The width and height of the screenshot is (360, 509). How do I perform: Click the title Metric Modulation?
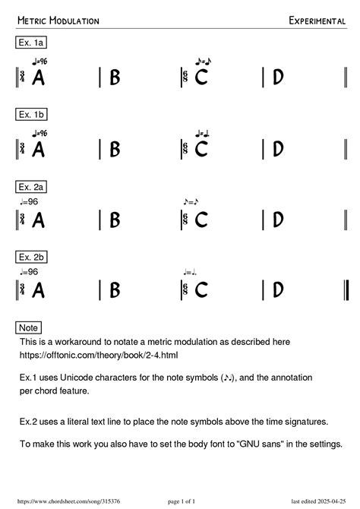click(58, 21)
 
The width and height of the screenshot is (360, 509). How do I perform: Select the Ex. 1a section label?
click(31, 43)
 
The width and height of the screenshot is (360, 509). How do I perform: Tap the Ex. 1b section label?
click(31, 115)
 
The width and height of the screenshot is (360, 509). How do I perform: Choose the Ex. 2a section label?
click(31, 185)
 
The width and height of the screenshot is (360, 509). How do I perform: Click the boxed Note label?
click(28, 327)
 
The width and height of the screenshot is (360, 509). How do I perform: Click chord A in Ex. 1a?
click(38, 77)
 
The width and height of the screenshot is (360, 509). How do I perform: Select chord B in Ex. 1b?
click(115, 149)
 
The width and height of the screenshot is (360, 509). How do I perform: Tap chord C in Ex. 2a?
click(201, 220)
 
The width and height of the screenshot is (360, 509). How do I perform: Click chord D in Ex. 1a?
click(278, 77)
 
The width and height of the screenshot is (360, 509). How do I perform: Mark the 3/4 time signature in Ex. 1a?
click(24, 77)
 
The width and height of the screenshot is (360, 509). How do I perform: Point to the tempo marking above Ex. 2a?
click(29, 201)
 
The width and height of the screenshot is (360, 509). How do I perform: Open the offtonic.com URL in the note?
click(88, 355)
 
